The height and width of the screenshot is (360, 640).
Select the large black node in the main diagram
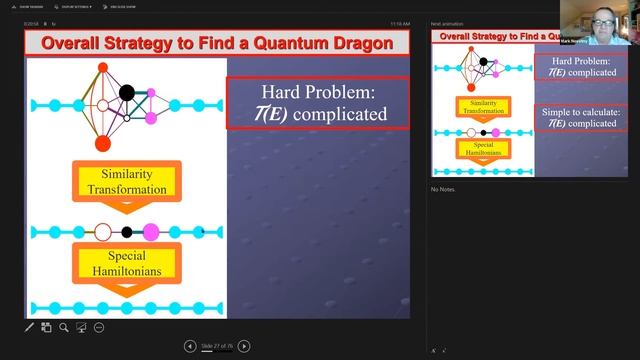coord(127,94)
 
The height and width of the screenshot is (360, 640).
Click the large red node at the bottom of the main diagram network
coord(103,144)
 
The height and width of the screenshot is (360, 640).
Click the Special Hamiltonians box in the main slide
coord(124,264)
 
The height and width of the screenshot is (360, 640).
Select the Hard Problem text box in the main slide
coord(318,103)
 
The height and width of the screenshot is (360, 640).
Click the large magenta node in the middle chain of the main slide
coord(151,232)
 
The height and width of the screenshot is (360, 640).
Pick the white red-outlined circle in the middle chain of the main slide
coord(102,232)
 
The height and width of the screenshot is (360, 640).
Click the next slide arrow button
coord(244,346)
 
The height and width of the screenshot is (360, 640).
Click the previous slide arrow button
coord(190,346)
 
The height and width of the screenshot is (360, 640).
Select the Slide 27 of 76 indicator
coord(217,346)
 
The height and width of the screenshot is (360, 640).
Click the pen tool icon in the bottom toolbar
coord(30,327)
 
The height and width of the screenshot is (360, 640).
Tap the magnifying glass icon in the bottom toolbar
coord(64,327)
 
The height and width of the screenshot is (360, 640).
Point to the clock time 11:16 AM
coord(399,23)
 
